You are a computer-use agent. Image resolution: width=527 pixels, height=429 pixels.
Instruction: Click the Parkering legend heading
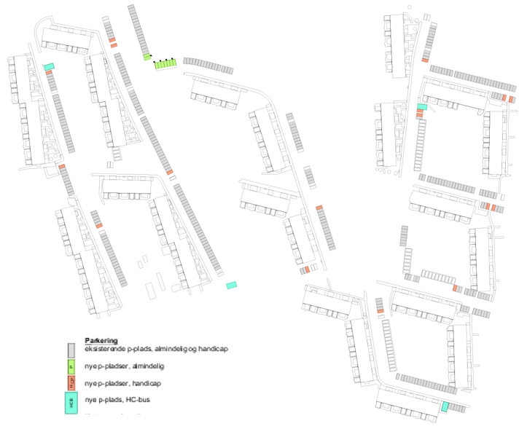tap(101, 340)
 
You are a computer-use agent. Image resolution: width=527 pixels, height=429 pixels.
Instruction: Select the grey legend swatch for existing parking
tap(71, 350)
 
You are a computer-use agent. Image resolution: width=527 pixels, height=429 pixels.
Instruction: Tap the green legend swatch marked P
tap(71, 367)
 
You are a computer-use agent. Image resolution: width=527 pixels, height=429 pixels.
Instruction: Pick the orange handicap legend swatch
tap(71, 384)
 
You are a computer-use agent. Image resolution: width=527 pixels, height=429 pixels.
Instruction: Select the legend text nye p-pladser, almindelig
tap(123, 367)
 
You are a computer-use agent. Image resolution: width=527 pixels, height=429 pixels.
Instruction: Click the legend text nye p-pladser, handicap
tap(122, 384)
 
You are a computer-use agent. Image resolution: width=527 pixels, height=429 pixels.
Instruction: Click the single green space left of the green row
tap(147, 56)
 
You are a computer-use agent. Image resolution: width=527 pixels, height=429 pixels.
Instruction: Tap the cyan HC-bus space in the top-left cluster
tap(49, 67)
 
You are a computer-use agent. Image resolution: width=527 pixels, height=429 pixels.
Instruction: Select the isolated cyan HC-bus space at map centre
tap(232, 286)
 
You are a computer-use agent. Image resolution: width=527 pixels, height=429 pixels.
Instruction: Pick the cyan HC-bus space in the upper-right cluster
tap(421, 107)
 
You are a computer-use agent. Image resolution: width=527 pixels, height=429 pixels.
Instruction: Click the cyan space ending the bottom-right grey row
tap(444, 407)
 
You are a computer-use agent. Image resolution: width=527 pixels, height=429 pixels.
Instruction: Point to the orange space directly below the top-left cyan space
tap(49, 73)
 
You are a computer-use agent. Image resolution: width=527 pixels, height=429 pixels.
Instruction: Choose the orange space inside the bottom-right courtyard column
tap(380, 312)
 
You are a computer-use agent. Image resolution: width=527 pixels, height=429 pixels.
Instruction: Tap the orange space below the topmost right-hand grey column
tap(425, 60)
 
